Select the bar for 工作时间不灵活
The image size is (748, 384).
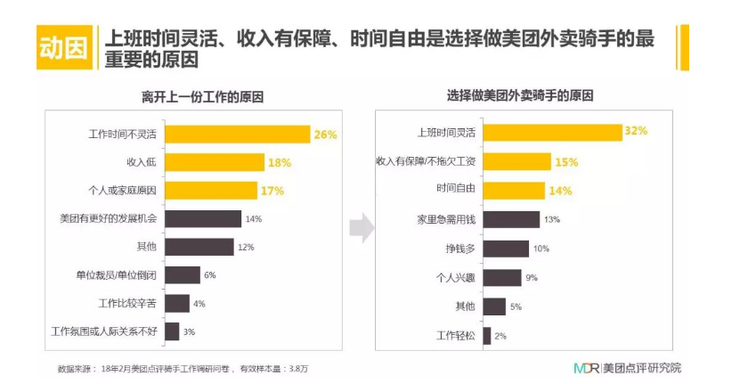(237, 135)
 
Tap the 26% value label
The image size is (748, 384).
(324, 135)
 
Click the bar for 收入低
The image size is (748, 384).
(215, 162)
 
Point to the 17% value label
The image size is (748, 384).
(272, 190)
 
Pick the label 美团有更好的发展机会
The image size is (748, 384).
(110, 218)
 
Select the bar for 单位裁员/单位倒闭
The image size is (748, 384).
(183, 275)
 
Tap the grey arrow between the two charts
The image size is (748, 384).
(361, 227)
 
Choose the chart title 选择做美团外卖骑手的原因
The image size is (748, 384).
(520, 95)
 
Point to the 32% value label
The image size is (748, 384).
(636, 132)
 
